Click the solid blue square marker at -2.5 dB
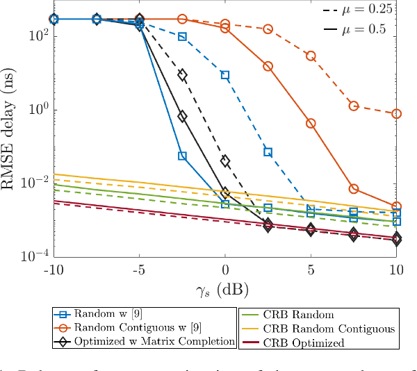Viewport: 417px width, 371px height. point(182,156)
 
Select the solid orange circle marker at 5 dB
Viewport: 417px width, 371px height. point(311,123)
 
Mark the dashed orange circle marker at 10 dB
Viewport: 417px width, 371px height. point(396,113)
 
